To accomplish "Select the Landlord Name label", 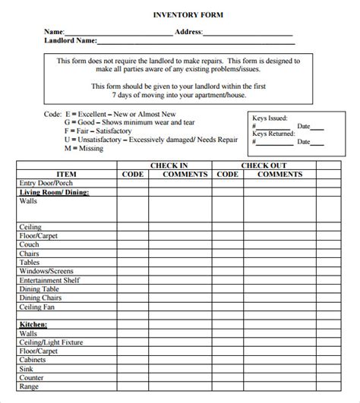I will coord(70,42).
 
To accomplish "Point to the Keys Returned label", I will coord(274,134).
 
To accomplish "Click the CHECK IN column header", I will coord(169,165).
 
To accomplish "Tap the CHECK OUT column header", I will coord(264,165).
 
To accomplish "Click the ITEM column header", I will coord(66,174).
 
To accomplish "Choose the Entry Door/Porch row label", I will coord(47,183).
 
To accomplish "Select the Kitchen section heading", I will coord(33,324).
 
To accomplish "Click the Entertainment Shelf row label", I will coord(50,280).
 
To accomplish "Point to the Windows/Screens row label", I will coord(46,271).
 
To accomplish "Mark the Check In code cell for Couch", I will coord(132,244).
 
